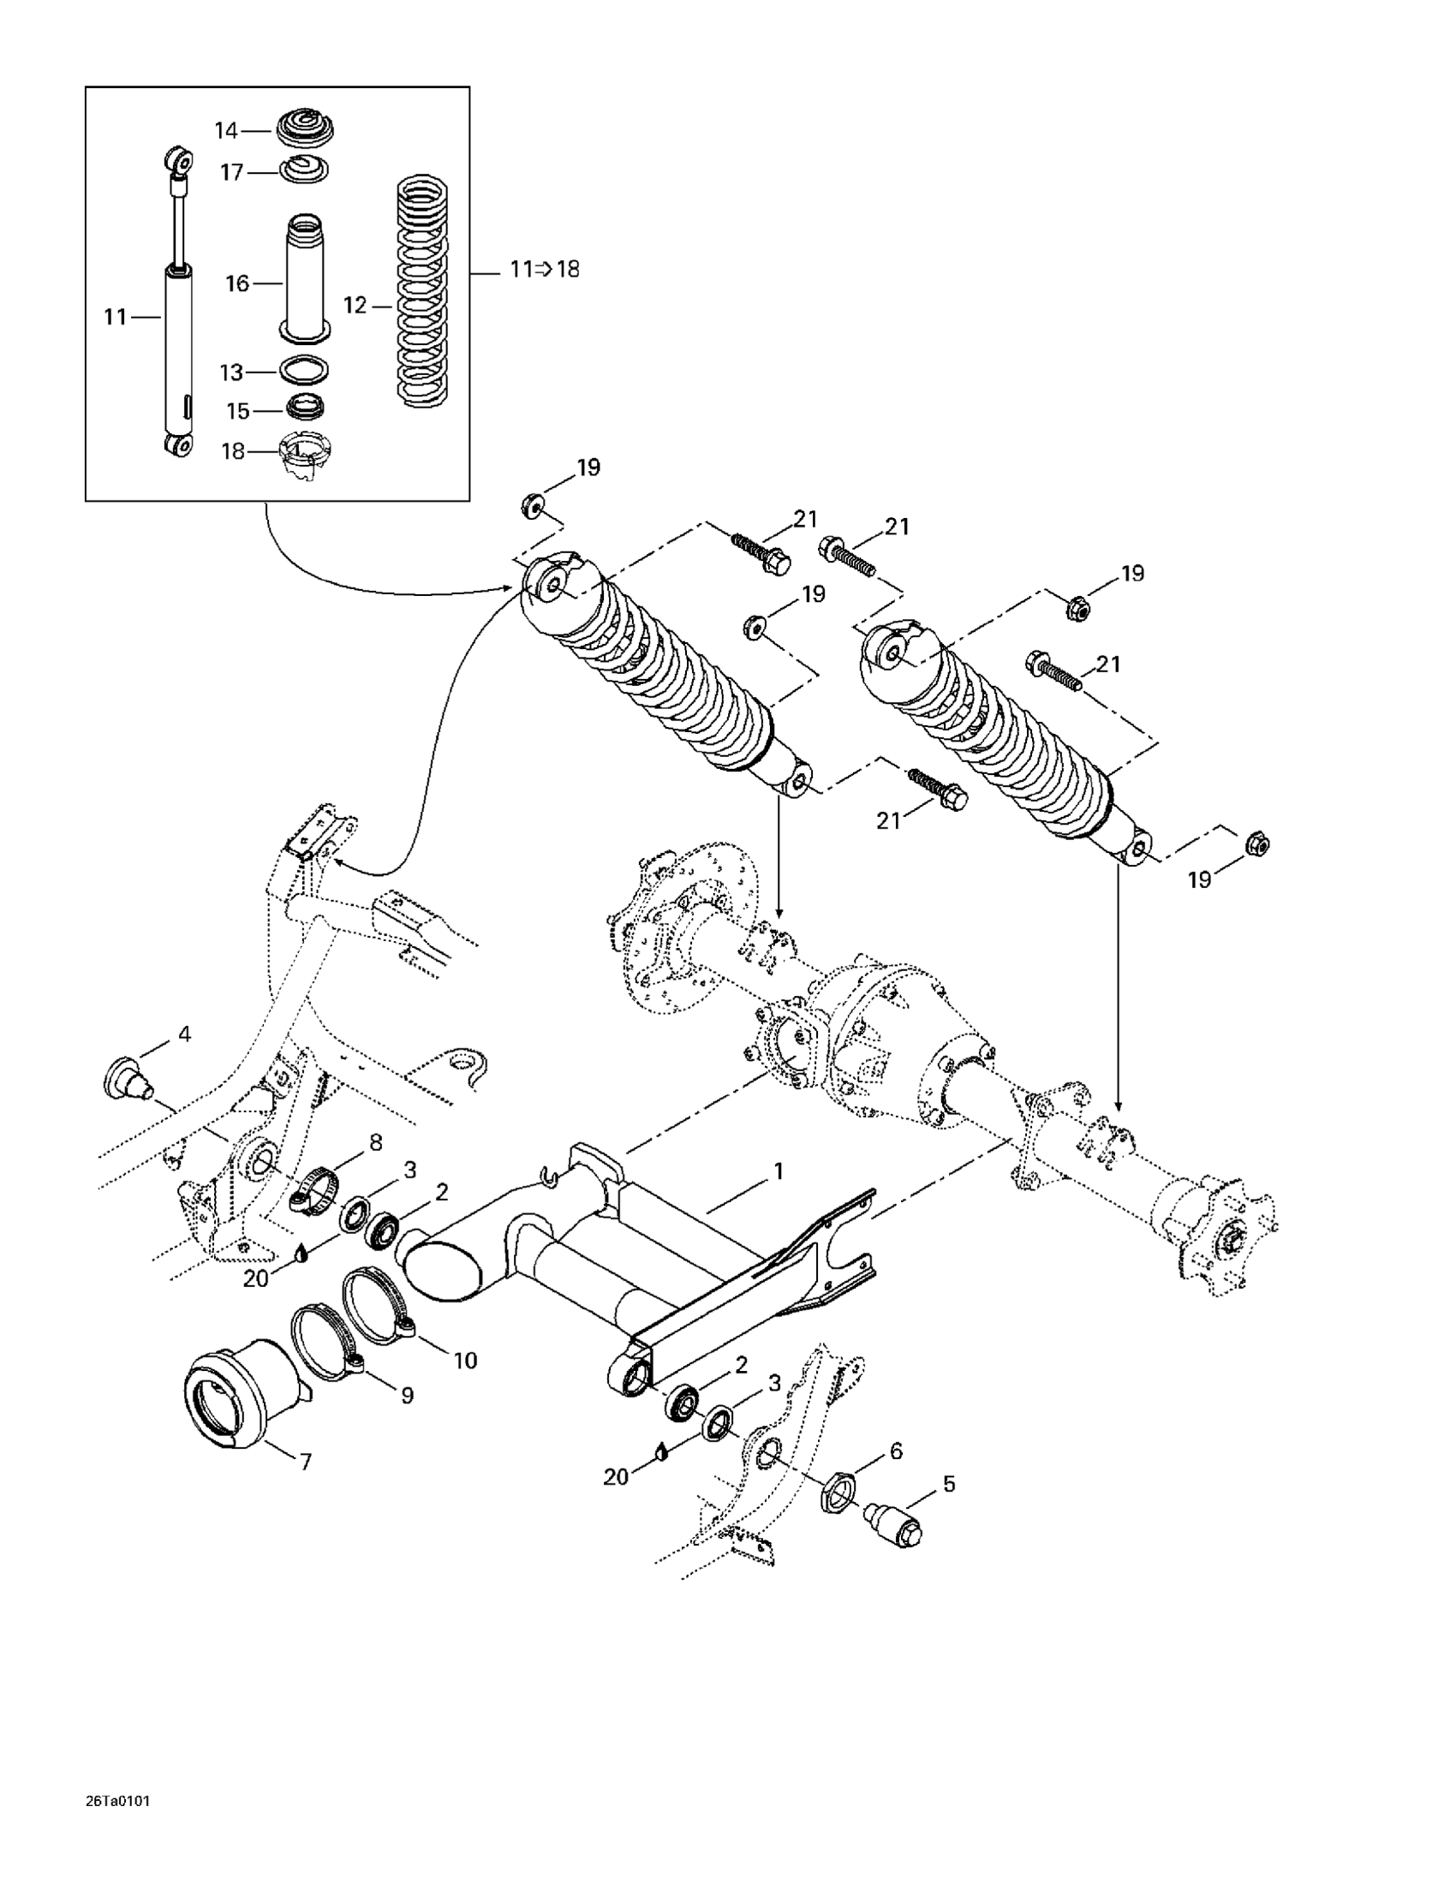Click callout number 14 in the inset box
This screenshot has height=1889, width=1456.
point(226,131)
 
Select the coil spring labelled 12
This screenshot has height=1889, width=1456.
point(423,290)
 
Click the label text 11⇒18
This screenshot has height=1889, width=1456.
point(544,269)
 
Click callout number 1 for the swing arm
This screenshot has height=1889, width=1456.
point(778,1171)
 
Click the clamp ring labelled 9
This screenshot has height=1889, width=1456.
point(328,1353)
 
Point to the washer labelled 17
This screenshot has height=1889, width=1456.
point(304,170)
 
